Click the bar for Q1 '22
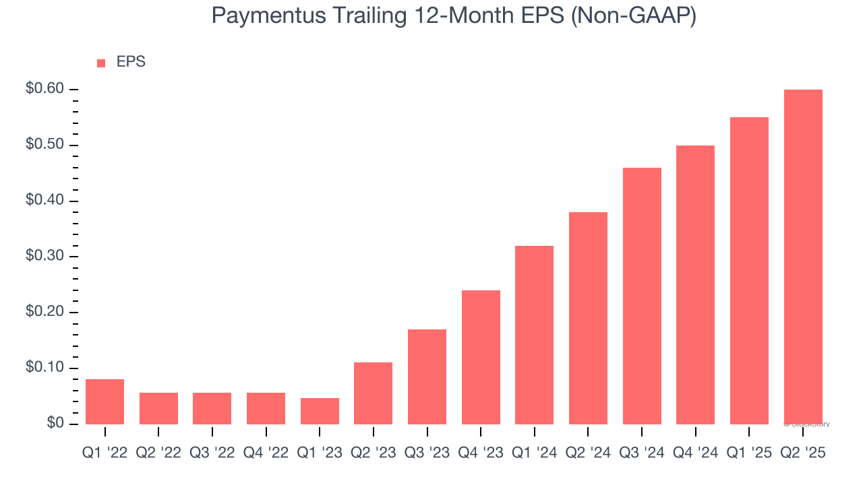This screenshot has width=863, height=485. point(105,402)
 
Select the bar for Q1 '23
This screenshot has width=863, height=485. point(320,412)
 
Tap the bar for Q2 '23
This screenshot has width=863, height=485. point(373,393)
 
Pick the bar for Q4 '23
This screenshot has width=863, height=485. point(481,357)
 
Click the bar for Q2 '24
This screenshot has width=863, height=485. point(588,318)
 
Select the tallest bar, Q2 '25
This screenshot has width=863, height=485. point(803,257)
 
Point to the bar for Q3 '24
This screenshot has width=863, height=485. point(642,296)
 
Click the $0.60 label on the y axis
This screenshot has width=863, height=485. point(44,89)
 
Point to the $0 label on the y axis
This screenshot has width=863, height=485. point(56,424)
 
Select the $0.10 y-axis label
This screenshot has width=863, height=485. point(44,368)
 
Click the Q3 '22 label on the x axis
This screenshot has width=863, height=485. point(212,453)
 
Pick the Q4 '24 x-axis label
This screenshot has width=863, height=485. point(695,453)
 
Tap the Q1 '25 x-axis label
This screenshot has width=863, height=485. point(749,453)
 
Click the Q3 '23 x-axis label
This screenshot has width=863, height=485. point(427,453)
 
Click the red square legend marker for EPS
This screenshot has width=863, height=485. point(101,63)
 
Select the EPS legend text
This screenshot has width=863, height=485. point(131,62)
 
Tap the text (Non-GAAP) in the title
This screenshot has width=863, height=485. point(634,15)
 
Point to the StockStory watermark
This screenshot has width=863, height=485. point(806,424)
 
